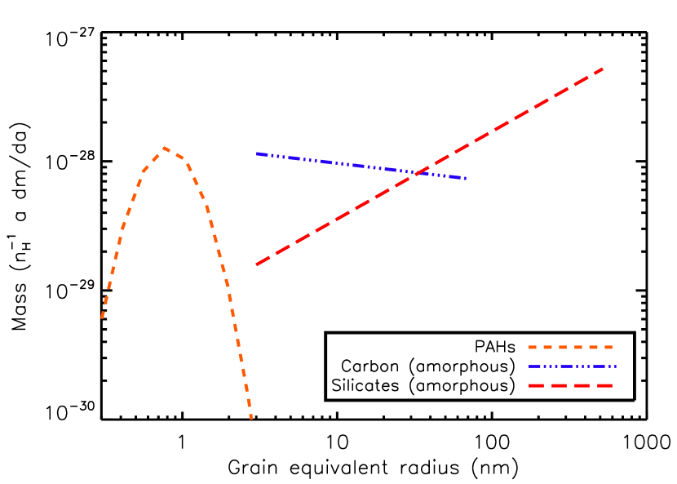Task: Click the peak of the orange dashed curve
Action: (164, 148)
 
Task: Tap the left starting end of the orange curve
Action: (102, 317)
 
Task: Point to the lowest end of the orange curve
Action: (251, 419)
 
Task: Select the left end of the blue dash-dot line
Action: (257, 153)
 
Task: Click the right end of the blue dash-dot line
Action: (466, 178)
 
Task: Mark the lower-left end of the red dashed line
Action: (257, 264)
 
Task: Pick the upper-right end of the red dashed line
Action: (603, 69)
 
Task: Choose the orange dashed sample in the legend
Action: (570, 348)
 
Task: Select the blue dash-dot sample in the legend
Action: (572, 366)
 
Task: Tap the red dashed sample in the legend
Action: (570, 385)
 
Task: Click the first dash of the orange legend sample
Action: (533, 348)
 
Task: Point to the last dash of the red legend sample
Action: (604, 385)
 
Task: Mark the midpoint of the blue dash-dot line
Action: (361, 166)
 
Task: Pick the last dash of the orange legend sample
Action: (607, 348)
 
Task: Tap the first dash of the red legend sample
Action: (536, 385)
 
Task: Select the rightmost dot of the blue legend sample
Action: (614, 366)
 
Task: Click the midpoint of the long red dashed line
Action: (430, 167)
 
